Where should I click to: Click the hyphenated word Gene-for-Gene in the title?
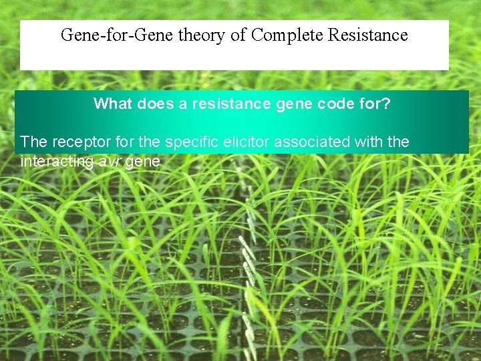point(117,35)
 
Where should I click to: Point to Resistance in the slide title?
point(368,35)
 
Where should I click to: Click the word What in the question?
point(113,104)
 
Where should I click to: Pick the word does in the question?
point(152,104)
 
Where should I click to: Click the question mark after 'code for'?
point(386,104)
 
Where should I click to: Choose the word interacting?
point(57,161)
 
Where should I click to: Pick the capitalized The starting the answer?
point(33,142)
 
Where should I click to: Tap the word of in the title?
point(238,35)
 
